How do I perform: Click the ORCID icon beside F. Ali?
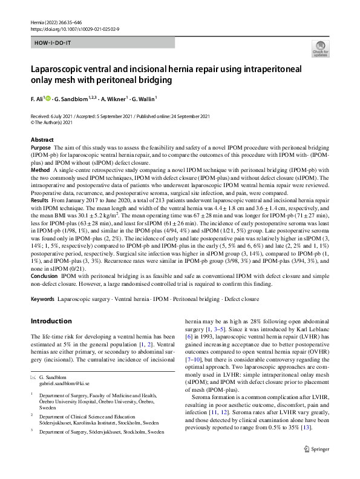point(46,97)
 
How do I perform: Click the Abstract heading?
point(42,140)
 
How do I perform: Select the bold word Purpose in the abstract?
point(41,147)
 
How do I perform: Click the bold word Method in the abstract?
point(40,170)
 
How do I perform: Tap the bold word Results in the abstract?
point(40,199)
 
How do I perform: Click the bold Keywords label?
point(43,299)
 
